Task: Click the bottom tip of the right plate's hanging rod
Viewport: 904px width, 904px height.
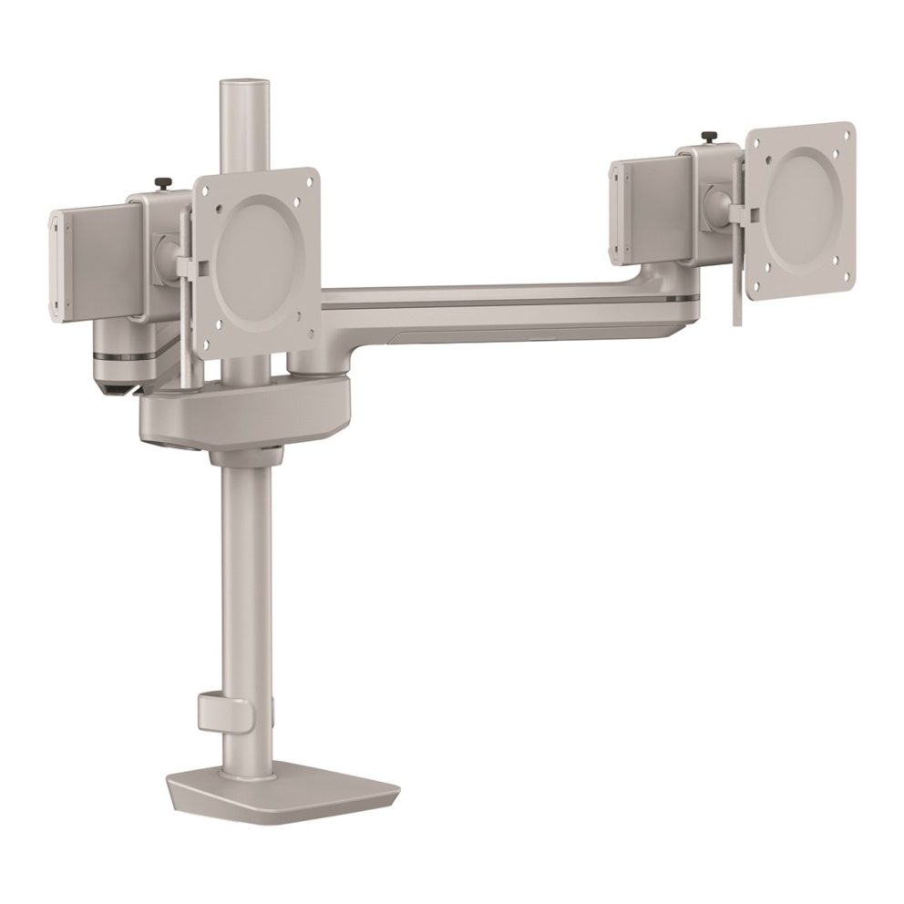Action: coord(734,320)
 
